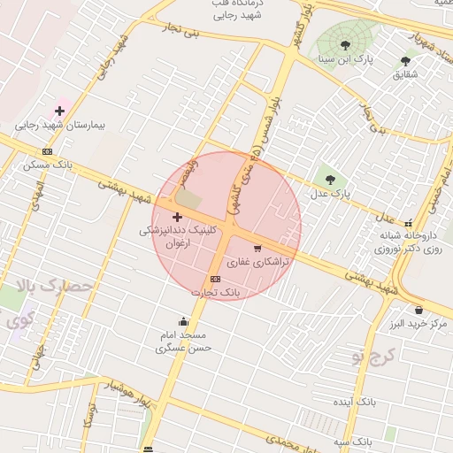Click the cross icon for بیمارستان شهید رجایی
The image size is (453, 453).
tap(59, 111)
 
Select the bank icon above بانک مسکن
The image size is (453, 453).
tap(47, 151)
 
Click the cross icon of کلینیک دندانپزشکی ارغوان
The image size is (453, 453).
tap(177, 217)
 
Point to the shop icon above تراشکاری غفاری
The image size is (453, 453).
tap(257, 249)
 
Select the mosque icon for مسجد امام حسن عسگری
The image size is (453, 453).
tap(183, 321)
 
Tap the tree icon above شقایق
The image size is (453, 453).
tap(405, 61)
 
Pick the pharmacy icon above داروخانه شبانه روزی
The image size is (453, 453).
tap(409, 224)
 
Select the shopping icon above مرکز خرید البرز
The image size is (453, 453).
tap(418, 311)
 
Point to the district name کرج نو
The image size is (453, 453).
tap(371, 356)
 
